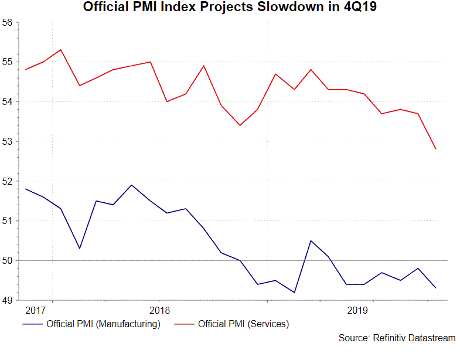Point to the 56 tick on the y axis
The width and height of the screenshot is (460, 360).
(x=8, y=22)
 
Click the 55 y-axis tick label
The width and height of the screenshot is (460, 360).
(x=8, y=62)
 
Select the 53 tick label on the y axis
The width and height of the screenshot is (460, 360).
(x=8, y=141)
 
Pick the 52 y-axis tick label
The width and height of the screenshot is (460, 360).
(x=8, y=181)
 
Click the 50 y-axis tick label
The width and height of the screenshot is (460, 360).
(x=8, y=260)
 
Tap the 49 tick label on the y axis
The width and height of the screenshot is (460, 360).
(x=8, y=300)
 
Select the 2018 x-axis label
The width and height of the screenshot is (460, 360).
(x=159, y=309)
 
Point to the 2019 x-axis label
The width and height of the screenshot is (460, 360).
(x=357, y=309)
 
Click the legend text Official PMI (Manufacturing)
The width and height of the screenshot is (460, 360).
(x=103, y=324)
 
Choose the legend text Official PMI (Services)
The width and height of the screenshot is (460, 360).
(x=244, y=324)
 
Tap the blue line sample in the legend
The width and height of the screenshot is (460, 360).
(x=32, y=324)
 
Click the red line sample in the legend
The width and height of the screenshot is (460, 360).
(x=185, y=324)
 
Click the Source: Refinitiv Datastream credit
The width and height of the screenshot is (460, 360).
(x=397, y=338)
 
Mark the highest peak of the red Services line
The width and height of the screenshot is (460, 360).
(x=61, y=50)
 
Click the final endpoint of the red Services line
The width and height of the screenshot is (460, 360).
(x=435, y=149)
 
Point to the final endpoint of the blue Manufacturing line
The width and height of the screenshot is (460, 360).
(x=435, y=288)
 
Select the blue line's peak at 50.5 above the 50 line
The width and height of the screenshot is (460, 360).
(x=311, y=240)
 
